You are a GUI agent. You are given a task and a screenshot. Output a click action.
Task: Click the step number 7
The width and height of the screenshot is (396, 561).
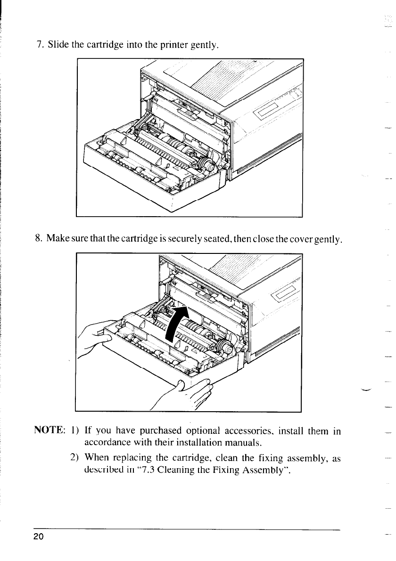click(40, 45)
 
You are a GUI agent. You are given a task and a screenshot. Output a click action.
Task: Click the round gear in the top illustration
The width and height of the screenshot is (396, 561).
click(206, 163)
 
